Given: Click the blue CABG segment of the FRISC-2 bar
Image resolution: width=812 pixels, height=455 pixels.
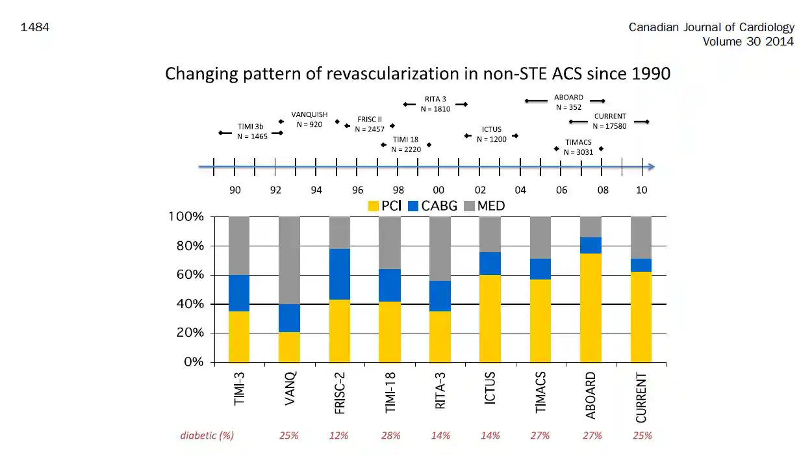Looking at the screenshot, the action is (x=340, y=274).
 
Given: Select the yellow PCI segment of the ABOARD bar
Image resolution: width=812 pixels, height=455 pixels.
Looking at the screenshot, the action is (x=590, y=307).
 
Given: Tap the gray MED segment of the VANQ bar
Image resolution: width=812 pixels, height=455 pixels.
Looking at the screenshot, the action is (x=289, y=261).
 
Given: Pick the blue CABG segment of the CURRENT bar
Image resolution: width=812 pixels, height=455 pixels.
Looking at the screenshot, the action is (x=641, y=265).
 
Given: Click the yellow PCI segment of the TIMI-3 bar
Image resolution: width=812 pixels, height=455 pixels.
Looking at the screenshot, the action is (x=239, y=337).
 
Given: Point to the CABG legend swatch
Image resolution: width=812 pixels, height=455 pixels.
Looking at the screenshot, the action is (x=413, y=206).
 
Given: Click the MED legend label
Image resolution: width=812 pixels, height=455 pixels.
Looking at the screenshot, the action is (x=491, y=206).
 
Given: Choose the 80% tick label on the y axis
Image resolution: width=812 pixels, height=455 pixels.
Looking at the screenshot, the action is (x=190, y=246).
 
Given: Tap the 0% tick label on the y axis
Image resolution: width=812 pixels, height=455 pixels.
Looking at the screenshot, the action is (x=194, y=362).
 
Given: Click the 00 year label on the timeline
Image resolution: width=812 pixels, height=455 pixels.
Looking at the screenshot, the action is (x=438, y=190).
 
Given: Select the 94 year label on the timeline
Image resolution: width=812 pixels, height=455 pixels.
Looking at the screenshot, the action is (x=316, y=190).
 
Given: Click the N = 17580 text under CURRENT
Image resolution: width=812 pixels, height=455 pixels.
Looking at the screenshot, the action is (x=609, y=126).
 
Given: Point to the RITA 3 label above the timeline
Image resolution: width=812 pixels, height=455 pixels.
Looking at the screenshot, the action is (x=435, y=99).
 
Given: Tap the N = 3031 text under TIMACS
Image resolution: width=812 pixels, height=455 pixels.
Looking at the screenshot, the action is (x=578, y=152).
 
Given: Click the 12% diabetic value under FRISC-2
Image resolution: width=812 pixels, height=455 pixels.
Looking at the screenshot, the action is (x=338, y=435).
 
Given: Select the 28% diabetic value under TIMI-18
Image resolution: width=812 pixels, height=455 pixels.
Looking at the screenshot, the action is (x=390, y=435).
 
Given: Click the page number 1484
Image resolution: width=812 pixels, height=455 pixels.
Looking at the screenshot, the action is (x=35, y=27).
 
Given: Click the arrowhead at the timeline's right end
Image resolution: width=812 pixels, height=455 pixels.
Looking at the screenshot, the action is (x=652, y=167).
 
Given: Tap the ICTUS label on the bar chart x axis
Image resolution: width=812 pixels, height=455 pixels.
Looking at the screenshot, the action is (x=490, y=388).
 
